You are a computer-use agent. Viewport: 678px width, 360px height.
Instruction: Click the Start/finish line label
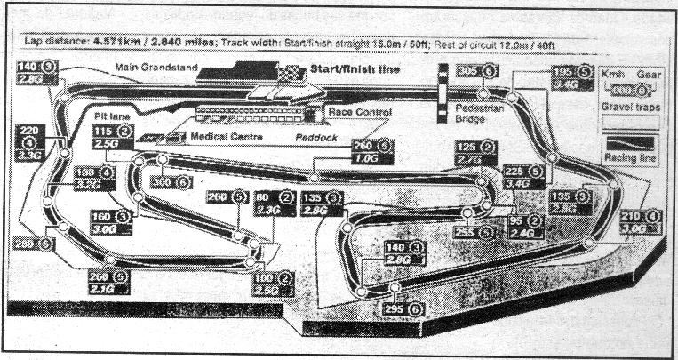tap(354, 69)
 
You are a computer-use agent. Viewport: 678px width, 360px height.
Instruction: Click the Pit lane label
tap(114, 116)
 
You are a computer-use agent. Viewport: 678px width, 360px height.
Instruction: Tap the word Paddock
tap(322, 139)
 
